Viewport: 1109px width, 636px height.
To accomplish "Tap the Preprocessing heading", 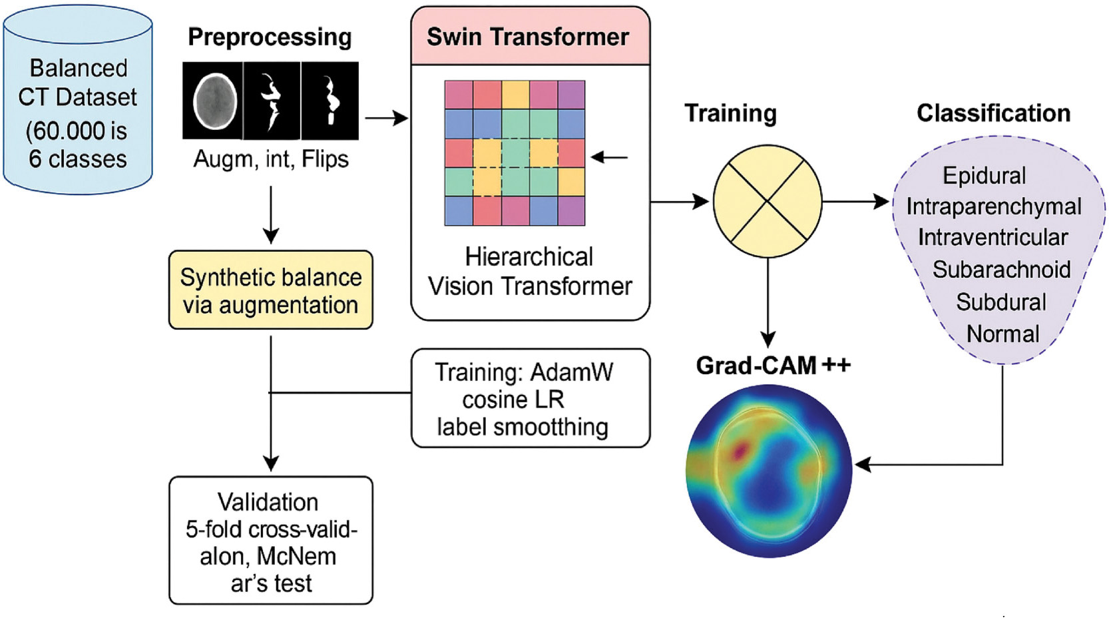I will (x=270, y=37).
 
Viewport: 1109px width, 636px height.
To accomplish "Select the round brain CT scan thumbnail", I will (x=214, y=101).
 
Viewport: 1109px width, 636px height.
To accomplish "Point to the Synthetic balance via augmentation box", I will (x=271, y=290).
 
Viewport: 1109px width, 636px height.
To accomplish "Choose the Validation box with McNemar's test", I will (x=271, y=541).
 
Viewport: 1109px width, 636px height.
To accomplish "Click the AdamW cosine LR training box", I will (x=530, y=398).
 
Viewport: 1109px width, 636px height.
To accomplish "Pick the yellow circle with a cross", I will (x=768, y=201).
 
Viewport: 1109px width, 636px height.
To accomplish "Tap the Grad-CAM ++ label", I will (x=773, y=366).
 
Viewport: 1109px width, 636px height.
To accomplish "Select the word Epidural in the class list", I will (x=984, y=176).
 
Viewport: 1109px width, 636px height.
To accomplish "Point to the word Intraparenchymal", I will (x=993, y=207).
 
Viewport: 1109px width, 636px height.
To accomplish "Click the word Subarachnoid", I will (x=1001, y=270).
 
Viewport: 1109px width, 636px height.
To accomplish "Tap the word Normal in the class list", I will (x=1002, y=334).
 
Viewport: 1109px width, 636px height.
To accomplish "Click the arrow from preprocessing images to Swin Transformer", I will (x=386, y=119).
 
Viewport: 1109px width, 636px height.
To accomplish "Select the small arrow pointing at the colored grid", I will (x=608, y=158).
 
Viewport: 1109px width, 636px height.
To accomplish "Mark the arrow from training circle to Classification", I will (x=856, y=200).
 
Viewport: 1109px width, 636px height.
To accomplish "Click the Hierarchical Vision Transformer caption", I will (x=530, y=272).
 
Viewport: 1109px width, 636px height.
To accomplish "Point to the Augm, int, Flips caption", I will (x=271, y=160).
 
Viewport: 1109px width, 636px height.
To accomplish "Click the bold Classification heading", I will (x=993, y=114).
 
